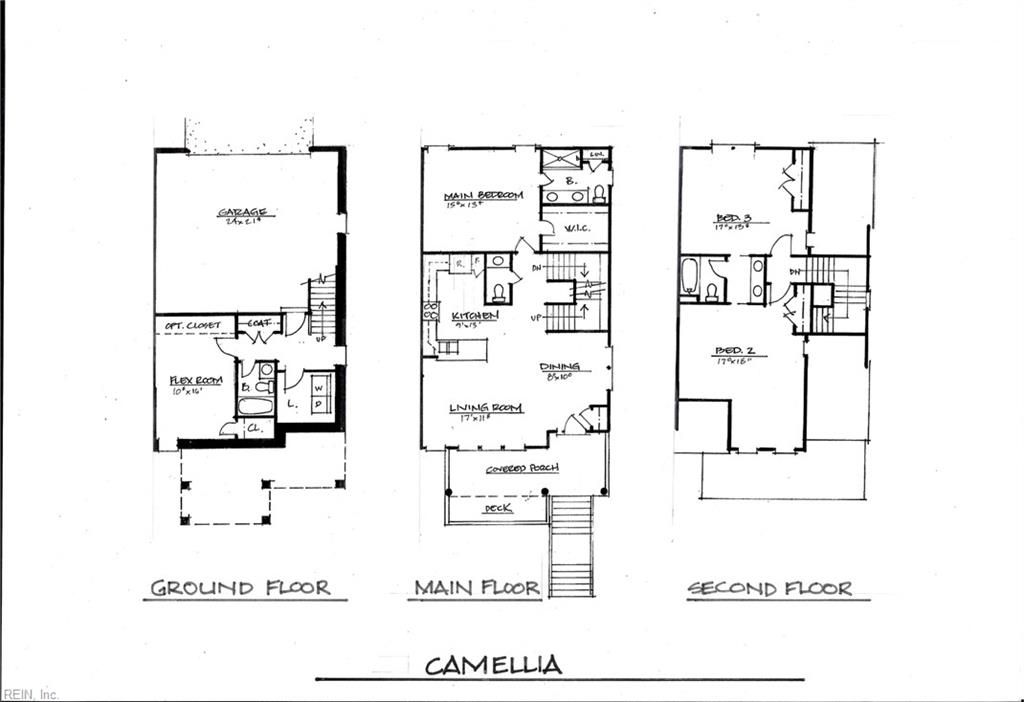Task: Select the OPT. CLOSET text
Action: [193, 326]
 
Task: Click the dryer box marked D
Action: [318, 403]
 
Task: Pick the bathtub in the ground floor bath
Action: [257, 406]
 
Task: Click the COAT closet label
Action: [258, 323]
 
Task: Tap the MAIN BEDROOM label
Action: [483, 196]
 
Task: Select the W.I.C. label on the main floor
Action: [578, 229]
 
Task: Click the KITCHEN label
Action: [474, 315]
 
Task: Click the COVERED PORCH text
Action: [522, 468]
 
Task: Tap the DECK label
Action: [498, 509]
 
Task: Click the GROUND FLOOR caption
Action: [241, 587]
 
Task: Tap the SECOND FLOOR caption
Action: [770, 588]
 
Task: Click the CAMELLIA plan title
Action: [493, 665]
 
